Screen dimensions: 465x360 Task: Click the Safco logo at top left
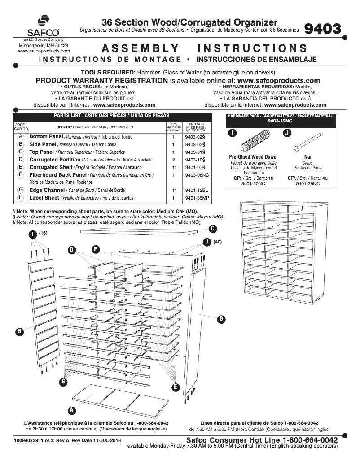pyautogui.click(x=43, y=26)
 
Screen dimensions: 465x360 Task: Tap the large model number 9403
pyautogui.click(x=322, y=29)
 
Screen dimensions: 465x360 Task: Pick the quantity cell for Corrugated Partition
pyautogui.click(x=173, y=160)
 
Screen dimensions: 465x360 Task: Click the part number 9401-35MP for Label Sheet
pyautogui.click(x=197, y=198)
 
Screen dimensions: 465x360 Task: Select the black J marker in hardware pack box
pyautogui.click(x=287, y=133)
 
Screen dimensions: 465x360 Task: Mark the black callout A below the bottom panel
pyautogui.click(x=70, y=410)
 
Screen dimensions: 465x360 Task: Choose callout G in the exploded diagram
pyautogui.click(x=64, y=382)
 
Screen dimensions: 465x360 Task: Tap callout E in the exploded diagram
pyautogui.click(x=175, y=387)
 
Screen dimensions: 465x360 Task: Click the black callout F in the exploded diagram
pyautogui.click(x=95, y=248)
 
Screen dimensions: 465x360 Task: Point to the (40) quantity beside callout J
pyautogui.click(x=218, y=242)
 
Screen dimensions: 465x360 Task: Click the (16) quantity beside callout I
pyautogui.click(x=43, y=233)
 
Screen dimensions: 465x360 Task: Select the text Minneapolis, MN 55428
pyautogui.click(x=43, y=46)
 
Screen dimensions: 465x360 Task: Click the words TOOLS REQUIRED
pyautogui.click(x=108, y=73)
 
